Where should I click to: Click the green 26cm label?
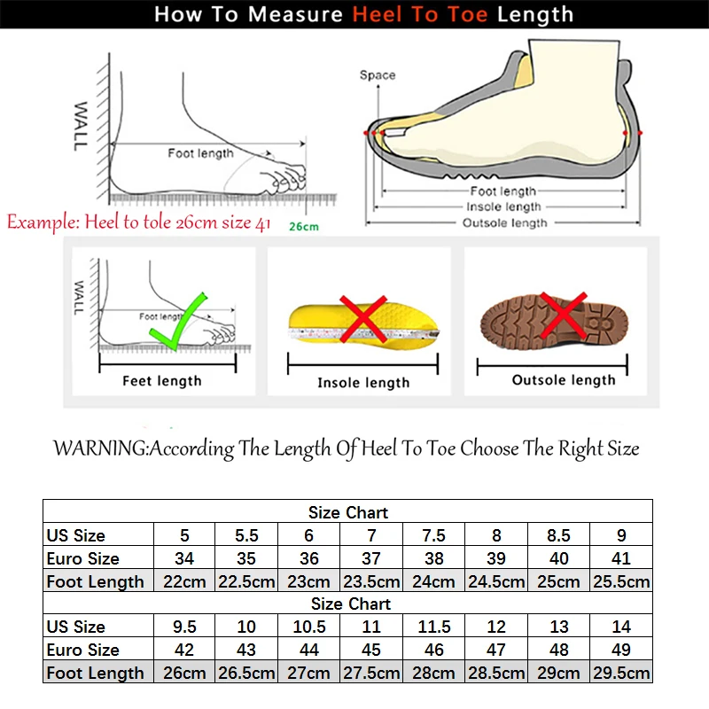[303, 227]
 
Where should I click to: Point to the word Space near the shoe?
[378, 75]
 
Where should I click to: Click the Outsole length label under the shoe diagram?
[504, 223]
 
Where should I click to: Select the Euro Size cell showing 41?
[621, 558]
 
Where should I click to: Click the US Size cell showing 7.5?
[434, 535]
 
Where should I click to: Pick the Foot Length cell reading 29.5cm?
[621, 673]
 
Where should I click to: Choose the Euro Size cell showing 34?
[185, 558]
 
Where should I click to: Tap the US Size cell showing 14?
[621, 627]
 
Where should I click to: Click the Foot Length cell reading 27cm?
[309, 673]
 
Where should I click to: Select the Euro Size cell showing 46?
[434, 650]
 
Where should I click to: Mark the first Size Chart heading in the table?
[348, 512]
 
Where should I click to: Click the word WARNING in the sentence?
[99, 448]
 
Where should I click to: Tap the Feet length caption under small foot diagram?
[161, 381]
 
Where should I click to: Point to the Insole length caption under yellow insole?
[363, 383]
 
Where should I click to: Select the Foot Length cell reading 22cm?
[185, 581]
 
